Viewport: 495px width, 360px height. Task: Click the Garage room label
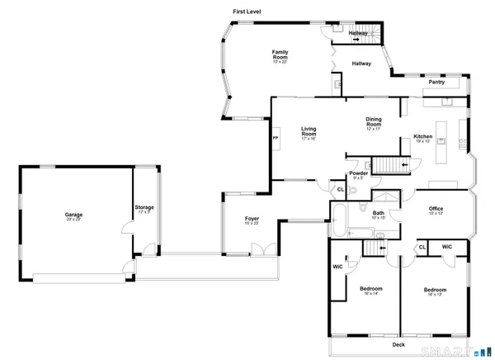pyautogui.click(x=73, y=215)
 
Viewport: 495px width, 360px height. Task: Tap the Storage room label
pyautogui.click(x=144, y=207)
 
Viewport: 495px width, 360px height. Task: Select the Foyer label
pyautogui.click(x=252, y=219)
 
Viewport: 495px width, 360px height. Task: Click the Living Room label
pyautogui.click(x=309, y=130)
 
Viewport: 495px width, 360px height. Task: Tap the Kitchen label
pyautogui.click(x=423, y=137)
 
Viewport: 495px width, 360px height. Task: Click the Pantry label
pyautogui.click(x=436, y=83)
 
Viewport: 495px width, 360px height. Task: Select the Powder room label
pyautogui.click(x=359, y=173)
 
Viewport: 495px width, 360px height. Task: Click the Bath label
pyautogui.click(x=379, y=213)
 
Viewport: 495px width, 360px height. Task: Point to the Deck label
pyautogui.click(x=398, y=344)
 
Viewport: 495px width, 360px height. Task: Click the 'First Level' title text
pyautogui.click(x=247, y=11)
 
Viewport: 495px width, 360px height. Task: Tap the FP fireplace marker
pyautogui.click(x=275, y=139)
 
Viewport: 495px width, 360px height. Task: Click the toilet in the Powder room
pyautogui.click(x=353, y=192)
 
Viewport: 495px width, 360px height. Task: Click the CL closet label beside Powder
pyautogui.click(x=341, y=191)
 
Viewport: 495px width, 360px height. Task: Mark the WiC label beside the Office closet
pyautogui.click(x=446, y=247)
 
